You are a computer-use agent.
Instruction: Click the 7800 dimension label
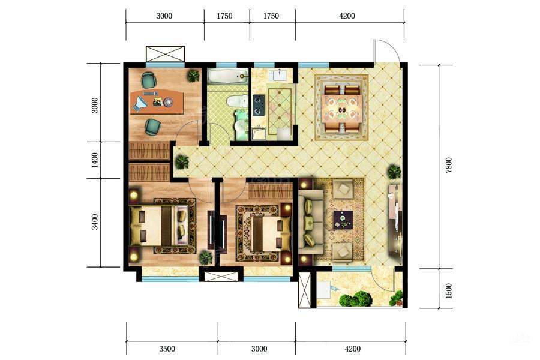coord(448,165)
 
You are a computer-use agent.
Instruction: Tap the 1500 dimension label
coord(448,291)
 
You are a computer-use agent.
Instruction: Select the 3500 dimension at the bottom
coord(167,349)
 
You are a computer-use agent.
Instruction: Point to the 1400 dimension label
coord(95,160)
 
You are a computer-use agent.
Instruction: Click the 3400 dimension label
coord(95,222)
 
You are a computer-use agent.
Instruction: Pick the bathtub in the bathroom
coord(227,76)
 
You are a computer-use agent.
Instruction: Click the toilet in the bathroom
coord(237,101)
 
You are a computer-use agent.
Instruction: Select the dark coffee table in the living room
coord(343,220)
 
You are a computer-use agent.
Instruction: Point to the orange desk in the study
coord(157,101)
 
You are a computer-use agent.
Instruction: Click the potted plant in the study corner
coord(194,76)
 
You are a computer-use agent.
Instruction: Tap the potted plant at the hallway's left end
coord(181,161)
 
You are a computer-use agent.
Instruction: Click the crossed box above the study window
coord(166,54)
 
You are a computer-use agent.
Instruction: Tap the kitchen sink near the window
coord(281,74)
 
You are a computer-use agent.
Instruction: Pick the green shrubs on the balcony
coord(356,298)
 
